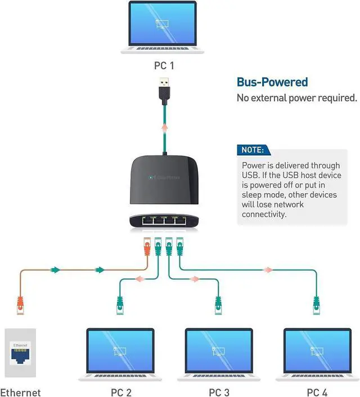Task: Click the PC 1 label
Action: click(164, 66)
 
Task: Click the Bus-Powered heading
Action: click(272, 82)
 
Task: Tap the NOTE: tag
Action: click(253, 150)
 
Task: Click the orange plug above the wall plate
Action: click(20, 305)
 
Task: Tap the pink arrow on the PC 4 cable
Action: click(269, 270)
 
